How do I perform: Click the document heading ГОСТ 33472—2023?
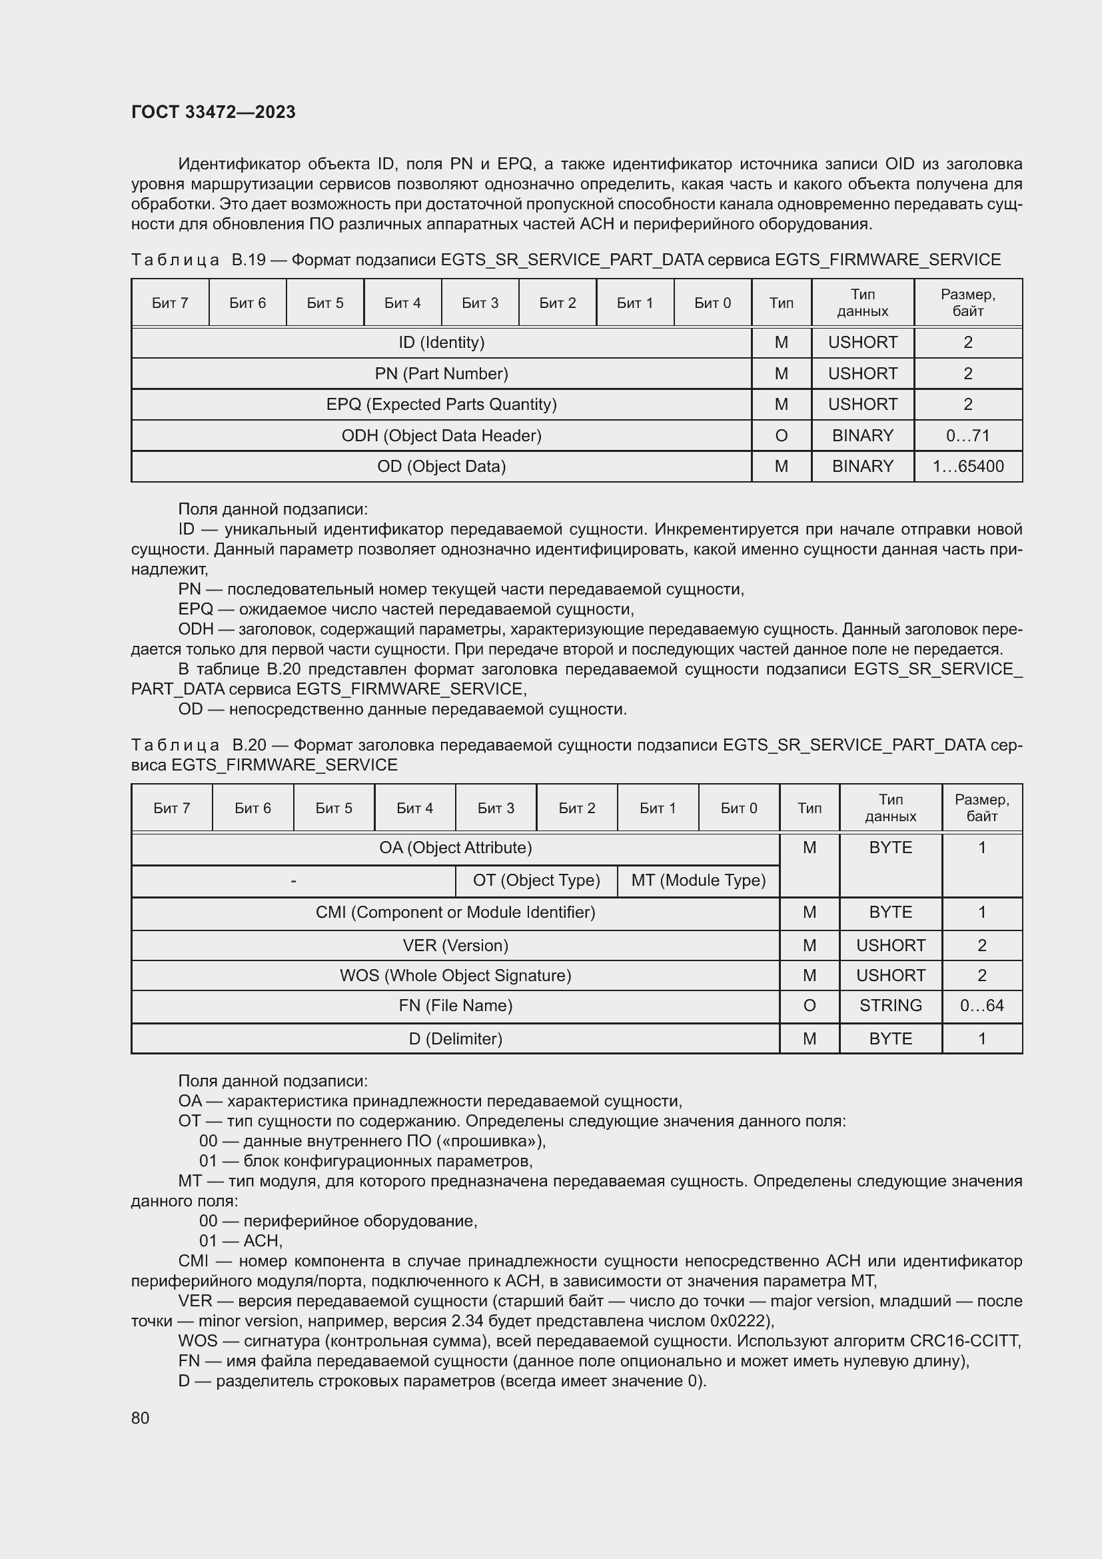coord(213,112)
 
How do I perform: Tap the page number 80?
coord(141,1418)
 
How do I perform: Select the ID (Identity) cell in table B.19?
coord(441,342)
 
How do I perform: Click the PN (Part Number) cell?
coord(441,373)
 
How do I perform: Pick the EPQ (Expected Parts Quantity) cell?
coord(441,404)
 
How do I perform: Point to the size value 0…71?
coord(967,435)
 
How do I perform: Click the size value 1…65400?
coord(967,467)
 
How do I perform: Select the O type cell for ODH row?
coord(781,435)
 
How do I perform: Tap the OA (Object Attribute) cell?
coord(455,847)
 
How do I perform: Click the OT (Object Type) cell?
coord(536,880)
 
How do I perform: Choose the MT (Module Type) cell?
coord(698,880)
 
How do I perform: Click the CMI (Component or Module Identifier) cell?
coord(455,912)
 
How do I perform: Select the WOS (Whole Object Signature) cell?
coord(455,975)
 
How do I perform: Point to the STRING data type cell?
coord(890,1005)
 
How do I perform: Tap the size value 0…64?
coord(981,1005)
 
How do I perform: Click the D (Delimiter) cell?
coord(455,1038)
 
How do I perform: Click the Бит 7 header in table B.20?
coord(172,808)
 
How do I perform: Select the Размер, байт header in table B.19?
coord(967,303)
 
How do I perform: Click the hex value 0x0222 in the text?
coord(738,1320)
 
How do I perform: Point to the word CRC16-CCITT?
coord(965,1340)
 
